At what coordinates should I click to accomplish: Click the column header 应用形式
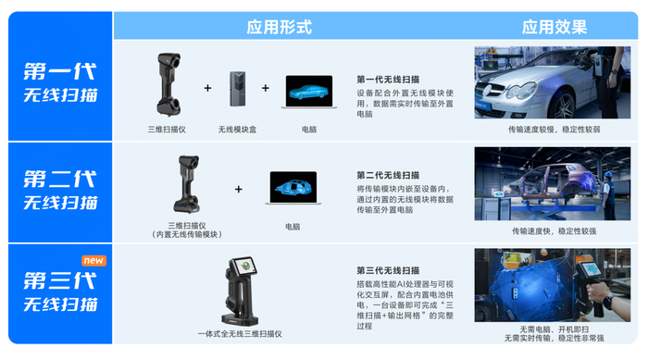[279, 26]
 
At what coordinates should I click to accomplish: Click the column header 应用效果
[553, 26]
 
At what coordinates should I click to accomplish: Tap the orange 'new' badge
[94, 261]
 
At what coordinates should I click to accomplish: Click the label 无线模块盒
[237, 130]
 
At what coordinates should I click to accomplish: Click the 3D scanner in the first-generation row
[167, 86]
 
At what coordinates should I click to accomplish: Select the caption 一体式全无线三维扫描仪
[240, 333]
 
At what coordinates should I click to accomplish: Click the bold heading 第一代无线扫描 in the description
[388, 80]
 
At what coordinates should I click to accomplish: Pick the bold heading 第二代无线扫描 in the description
[388, 175]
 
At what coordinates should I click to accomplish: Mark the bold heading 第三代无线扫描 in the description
[388, 271]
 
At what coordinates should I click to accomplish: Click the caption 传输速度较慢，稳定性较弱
[553, 130]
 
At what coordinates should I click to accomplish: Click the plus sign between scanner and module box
[207, 89]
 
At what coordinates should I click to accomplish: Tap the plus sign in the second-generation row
[238, 189]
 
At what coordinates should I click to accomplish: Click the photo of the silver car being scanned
[553, 85]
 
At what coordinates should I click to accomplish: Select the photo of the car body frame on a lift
[553, 183]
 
